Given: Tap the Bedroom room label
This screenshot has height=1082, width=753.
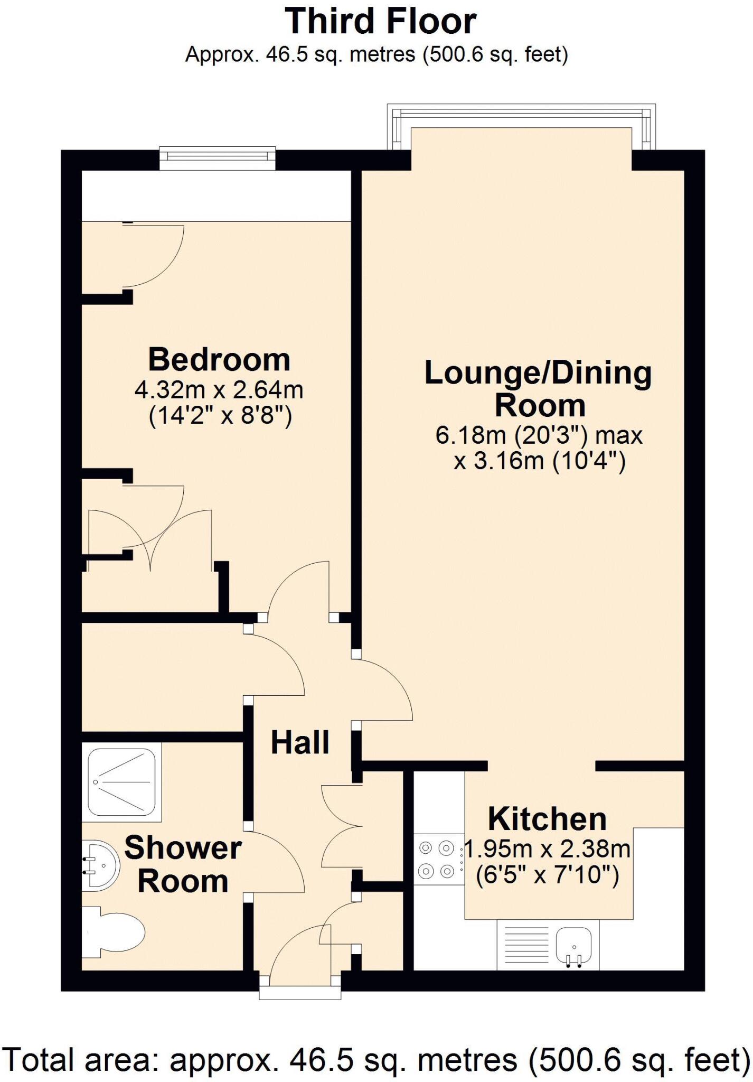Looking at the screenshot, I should point(219,360).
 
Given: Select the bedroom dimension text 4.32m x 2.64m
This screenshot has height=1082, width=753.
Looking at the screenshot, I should point(219,390).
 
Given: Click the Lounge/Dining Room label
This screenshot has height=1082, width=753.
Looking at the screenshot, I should point(539,389).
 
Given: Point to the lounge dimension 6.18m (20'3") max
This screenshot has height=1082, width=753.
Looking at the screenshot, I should point(539,435).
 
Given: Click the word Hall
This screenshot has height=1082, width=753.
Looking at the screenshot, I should point(300,742).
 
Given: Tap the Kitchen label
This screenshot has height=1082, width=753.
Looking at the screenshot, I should point(547,819).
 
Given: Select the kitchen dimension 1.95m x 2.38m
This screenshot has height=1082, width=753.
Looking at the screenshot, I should point(547,850).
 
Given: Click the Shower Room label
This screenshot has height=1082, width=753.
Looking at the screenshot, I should point(183,865).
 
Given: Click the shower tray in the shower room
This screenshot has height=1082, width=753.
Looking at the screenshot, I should point(121,782).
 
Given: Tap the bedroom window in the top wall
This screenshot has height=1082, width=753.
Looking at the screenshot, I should point(218,158).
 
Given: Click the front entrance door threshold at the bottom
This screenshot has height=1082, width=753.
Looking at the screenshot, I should point(299,992).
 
